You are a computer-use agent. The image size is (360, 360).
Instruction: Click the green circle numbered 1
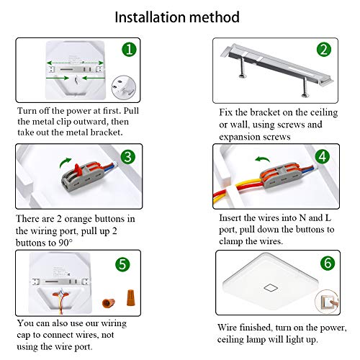pos(129,50)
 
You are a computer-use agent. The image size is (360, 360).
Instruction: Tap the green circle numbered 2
pos(324,50)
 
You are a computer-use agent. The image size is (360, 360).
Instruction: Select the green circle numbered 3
pos(127,157)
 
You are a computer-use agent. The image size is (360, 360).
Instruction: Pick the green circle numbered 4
pos(323,157)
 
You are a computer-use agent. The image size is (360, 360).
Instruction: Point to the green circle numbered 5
pos(122,264)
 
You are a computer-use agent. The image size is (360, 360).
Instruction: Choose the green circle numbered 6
pos(328,263)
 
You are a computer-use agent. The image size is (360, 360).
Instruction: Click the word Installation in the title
pos(150,17)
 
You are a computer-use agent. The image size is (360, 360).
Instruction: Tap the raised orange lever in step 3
pos(78,169)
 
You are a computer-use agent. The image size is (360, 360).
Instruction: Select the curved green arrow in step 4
pos(263,158)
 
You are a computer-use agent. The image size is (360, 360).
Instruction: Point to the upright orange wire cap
pos(130,297)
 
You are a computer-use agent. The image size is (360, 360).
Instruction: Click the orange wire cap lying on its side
pos(108,303)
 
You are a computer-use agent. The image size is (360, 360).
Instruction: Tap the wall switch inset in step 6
pos(327,302)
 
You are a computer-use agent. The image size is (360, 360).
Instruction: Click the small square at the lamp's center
pos(271,287)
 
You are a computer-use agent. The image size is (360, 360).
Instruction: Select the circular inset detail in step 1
pos(124,87)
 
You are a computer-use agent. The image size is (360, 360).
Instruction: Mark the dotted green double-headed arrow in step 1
pos(76,63)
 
